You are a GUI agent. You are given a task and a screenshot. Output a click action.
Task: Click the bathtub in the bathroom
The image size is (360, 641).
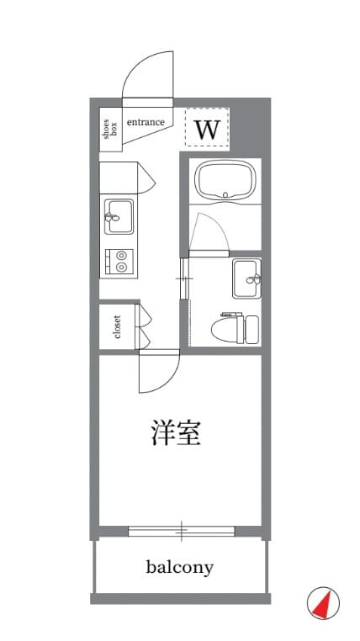(225, 181)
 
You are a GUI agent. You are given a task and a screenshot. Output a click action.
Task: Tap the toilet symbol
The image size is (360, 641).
(236, 328)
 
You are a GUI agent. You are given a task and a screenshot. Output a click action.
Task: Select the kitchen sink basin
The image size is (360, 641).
(119, 216)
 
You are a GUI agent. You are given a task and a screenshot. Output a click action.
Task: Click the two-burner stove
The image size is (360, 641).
(119, 262)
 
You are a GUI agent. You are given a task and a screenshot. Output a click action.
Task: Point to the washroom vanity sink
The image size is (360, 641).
(246, 278)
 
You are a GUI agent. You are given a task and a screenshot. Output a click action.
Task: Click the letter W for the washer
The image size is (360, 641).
(207, 130)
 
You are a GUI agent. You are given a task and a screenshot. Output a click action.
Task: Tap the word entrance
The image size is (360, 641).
(146, 122)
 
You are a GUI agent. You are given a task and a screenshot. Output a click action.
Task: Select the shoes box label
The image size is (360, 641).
(111, 129)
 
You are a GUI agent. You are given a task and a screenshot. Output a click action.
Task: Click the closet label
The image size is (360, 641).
(118, 326)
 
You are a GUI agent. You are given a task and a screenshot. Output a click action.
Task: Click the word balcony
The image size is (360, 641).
(180, 567)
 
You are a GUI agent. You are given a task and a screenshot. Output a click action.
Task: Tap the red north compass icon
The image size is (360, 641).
(323, 603)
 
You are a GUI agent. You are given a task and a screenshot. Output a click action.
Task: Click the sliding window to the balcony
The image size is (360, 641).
(182, 531)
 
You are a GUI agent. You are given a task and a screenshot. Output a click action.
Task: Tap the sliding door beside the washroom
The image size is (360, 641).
(184, 279)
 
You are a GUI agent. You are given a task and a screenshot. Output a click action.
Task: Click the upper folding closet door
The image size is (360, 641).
(143, 315)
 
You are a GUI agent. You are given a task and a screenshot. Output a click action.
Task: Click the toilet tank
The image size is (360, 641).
(251, 329)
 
